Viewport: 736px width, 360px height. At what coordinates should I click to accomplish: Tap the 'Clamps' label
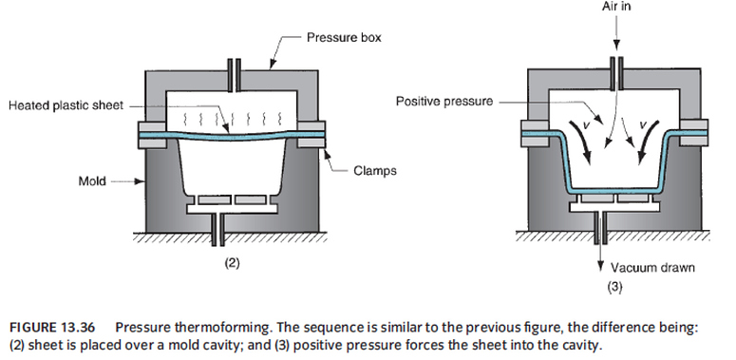tap(375, 171)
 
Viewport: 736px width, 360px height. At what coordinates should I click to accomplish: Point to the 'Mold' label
tap(92, 178)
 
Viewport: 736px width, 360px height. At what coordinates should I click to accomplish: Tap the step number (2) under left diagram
tap(232, 263)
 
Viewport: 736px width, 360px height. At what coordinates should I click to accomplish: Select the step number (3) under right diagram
tap(614, 285)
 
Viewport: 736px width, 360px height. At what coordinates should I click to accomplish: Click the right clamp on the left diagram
tap(315, 138)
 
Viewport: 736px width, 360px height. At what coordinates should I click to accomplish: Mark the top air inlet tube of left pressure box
tap(230, 72)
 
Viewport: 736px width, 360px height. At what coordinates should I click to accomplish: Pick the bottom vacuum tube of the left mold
tap(230, 228)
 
